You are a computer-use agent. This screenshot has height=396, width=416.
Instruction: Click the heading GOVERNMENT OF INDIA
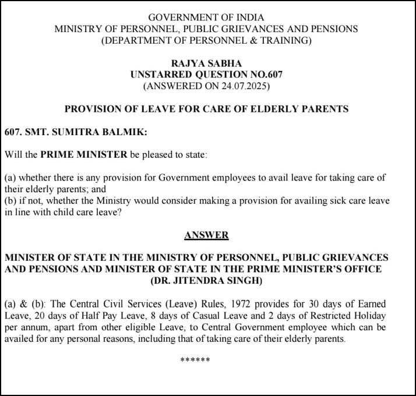point(206,17)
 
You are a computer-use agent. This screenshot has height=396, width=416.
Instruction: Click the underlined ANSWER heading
point(206,235)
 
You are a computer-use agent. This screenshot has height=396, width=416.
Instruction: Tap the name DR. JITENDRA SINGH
point(206,281)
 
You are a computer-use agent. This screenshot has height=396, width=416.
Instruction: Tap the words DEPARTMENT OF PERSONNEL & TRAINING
point(206,40)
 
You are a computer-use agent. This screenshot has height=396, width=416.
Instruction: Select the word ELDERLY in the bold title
point(280,109)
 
